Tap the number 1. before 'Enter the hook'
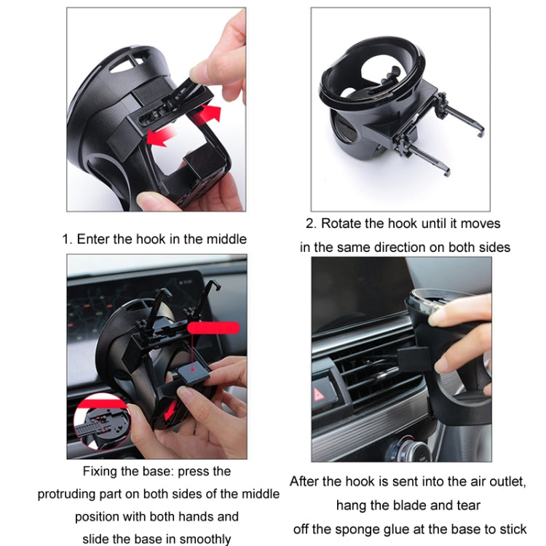[68, 239]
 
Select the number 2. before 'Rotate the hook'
[312, 223]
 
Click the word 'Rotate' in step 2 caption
[341, 223]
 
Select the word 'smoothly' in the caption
[206, 539]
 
